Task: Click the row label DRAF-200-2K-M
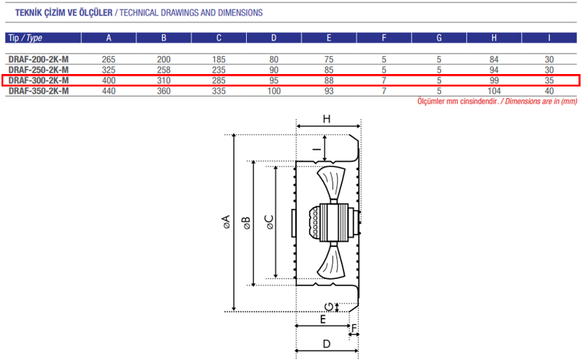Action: coord(38,59)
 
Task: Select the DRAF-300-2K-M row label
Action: coord(38,80)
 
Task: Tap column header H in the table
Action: coord(494,37)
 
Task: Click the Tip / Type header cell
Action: coord(26,37)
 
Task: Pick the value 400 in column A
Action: coord(109,80)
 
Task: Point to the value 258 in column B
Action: coord(164,70)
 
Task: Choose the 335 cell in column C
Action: coord(219,91)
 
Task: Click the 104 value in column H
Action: coord(494,91)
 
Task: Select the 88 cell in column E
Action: coord(329,80)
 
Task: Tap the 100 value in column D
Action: coord(274,91)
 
